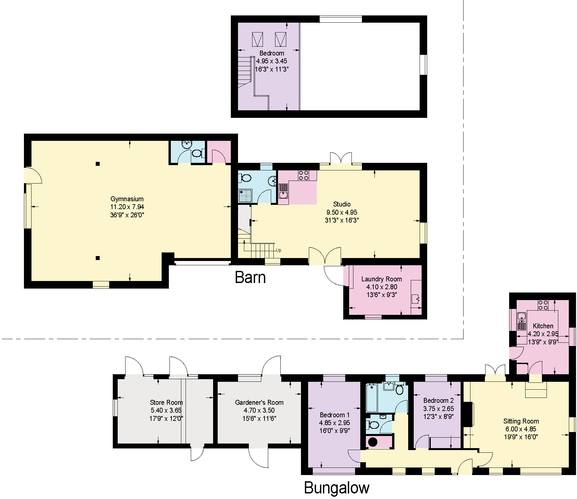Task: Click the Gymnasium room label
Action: (x=127, y=199)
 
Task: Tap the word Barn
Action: (x=250, y=277)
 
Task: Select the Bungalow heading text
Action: (x=337, y=488)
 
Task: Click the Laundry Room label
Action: (x=381, y=279)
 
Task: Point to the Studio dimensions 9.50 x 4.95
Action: (x=342, y=212)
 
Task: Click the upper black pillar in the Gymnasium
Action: (x=97, y=163)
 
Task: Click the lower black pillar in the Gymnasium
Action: (x=97, y=258)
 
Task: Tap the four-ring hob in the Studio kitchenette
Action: (x=303, y=175)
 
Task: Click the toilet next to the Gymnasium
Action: (x=197, y=153)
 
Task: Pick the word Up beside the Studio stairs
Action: (x=278, y=250)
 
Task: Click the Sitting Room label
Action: (x=521, y=421)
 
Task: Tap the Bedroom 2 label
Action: (x=438, y=401)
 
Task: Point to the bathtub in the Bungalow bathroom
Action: (x=372, y=398)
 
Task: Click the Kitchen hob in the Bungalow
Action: (x=543, y=305)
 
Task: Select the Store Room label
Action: (x=166, y=402)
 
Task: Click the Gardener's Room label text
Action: (x=259, y=402)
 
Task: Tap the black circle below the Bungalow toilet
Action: (x=373, y=442)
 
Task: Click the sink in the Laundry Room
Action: (x=416, y=299)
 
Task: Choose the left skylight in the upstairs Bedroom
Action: (x=257, y=39)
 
